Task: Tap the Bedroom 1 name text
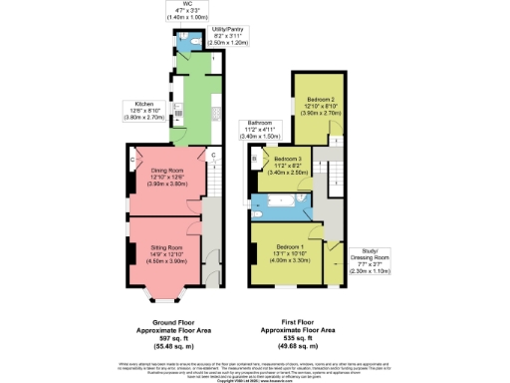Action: (x=290, y=246)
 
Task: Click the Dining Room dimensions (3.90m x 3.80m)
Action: (x=166, y=184)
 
